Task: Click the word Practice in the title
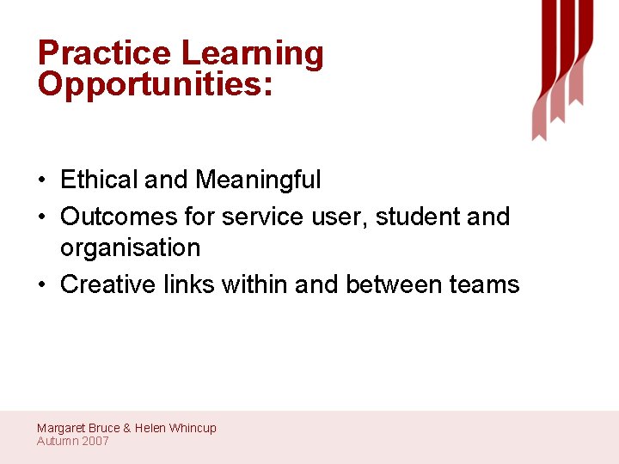(104, 53)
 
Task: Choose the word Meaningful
(258, 180)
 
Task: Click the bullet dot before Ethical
(41, 181)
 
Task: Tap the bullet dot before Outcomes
(41, 217)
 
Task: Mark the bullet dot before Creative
(41, 285)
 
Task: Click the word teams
(485, 284)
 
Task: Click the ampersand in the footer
(127, 428)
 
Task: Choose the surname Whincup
(193, 428)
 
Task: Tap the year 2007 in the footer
(95, 441)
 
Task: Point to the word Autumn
(57, 441)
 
